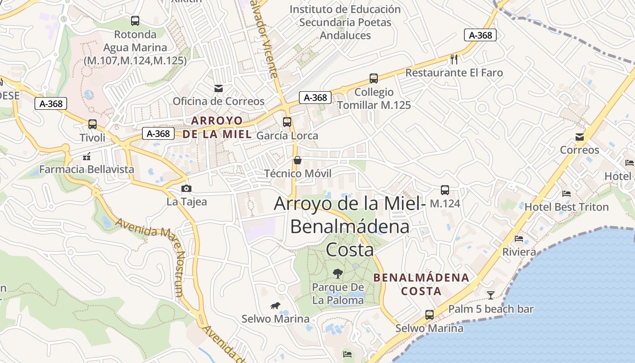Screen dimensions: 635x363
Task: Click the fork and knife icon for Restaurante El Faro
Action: click(454, 59)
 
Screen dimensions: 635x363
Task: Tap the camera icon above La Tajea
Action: click(186, 188)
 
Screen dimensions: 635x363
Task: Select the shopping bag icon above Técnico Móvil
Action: click(298, 160)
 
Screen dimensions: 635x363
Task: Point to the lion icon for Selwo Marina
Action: click(275, 305)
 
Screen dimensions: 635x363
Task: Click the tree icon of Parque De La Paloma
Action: click(337, 273)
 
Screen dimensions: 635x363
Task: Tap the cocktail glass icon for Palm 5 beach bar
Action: click(491, 295)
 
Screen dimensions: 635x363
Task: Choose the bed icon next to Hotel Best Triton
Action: click(567, 193)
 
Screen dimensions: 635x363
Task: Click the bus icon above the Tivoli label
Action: click(93, 124)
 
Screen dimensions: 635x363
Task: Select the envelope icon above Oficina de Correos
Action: click(219, 88)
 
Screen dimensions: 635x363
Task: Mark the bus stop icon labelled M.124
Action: click(444, 190)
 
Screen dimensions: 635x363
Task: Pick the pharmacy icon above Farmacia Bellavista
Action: click(87, 157)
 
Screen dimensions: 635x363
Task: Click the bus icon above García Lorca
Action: click(287, 122)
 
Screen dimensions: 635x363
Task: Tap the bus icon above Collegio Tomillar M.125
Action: click(374, 78)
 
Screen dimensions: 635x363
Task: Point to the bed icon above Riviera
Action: click(519, 238)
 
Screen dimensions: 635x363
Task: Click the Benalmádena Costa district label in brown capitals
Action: click(421, 284)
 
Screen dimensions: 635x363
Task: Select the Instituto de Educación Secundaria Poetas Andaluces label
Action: click(345, 22)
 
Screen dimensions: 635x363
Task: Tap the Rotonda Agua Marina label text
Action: click(135, 47)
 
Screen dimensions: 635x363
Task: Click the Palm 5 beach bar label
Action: click(491, 309)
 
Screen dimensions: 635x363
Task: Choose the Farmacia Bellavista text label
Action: click(87, 170)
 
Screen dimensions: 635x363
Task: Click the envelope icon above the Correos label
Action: click(580, 137)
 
